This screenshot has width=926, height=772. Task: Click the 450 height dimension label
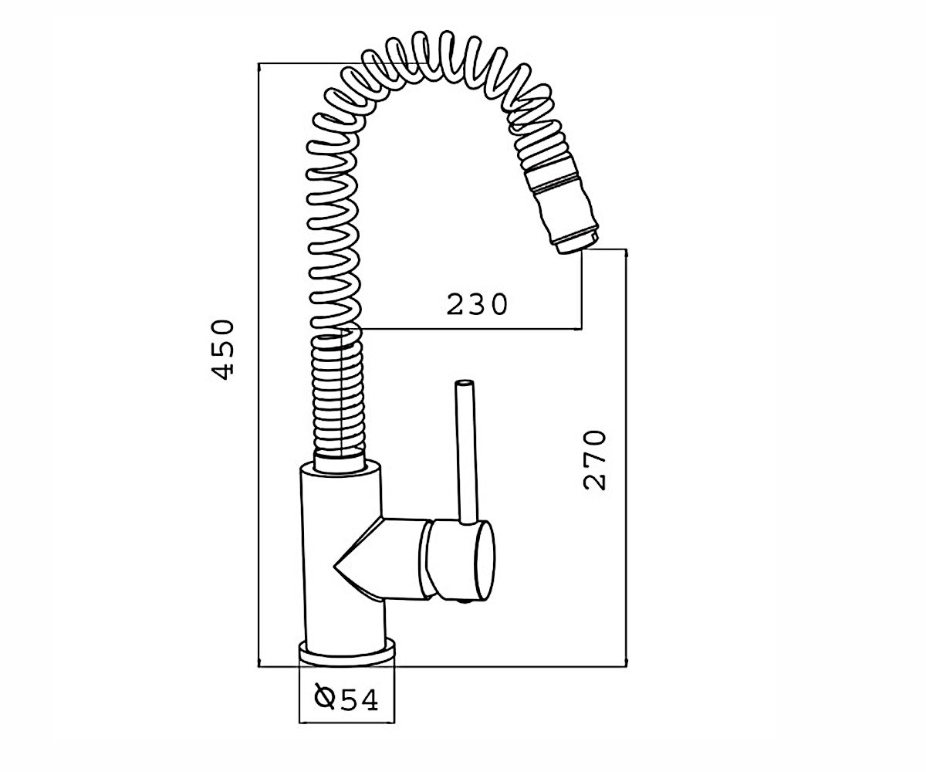[222, 349]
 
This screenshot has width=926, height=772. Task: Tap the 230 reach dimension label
[477, 304]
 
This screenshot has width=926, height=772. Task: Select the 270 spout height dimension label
[594, 460]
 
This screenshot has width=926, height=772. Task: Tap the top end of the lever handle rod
[464, 381]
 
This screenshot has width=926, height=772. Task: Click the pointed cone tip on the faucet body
[334, 566]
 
